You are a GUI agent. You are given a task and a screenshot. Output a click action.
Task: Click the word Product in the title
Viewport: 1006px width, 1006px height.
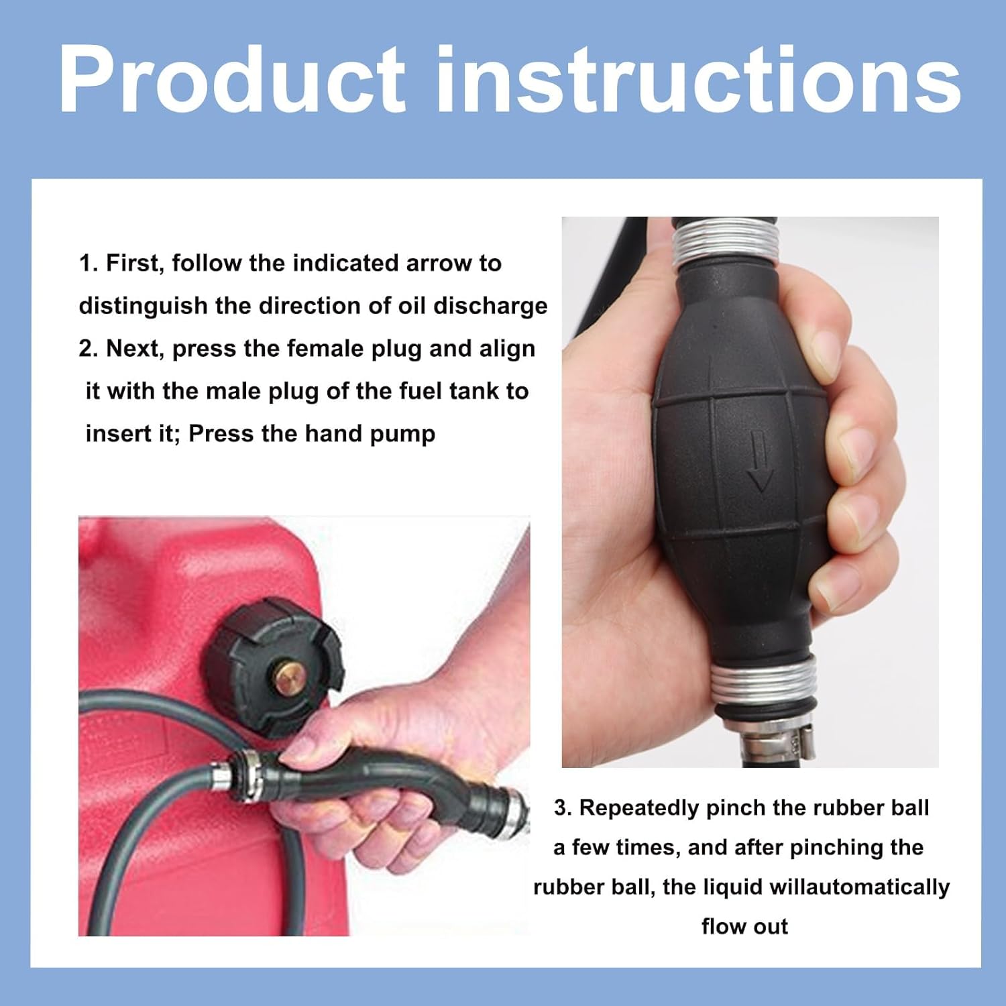pos(231,80)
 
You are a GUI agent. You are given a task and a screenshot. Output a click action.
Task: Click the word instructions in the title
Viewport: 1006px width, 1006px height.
pos(697,80)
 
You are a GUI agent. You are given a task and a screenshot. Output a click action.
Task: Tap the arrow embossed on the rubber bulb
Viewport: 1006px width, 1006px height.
pos(759,462)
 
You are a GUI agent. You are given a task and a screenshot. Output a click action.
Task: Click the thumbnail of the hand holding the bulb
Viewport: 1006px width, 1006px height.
pos(749,492)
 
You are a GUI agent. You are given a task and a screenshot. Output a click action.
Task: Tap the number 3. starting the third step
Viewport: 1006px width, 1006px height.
pos(563,808)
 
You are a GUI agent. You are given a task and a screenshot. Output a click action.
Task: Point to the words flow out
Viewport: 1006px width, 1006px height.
pos(744,927)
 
